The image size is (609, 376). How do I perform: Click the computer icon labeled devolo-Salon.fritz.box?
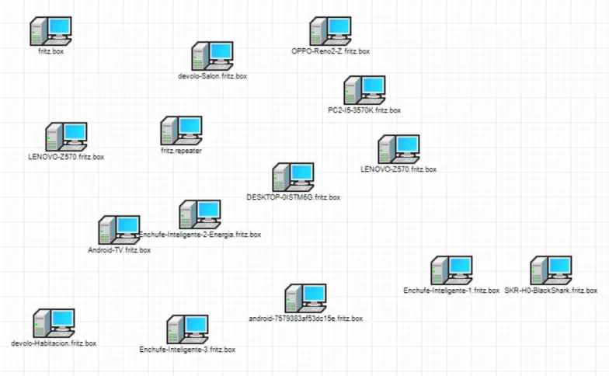click(212, 57)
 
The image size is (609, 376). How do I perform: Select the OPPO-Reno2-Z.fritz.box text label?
click(330, 51)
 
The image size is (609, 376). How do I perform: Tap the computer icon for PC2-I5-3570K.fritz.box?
click(364, 91)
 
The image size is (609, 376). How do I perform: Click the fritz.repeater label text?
click(181, 151)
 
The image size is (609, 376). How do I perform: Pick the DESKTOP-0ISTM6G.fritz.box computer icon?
click(293, 178)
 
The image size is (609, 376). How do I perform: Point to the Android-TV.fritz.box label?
click(119, 251)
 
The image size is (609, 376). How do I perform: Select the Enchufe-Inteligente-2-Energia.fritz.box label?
click(200, 234)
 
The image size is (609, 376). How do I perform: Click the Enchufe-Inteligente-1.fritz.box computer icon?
click(451, 271)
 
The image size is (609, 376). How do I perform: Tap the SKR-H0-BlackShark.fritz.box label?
click(551, 291)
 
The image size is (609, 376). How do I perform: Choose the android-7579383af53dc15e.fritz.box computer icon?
click(305, 299)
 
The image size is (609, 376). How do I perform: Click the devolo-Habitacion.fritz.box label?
click(54, 343)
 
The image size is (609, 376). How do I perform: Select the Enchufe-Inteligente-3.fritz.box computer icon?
click(187, 330)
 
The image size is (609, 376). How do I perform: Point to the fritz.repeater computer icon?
click(181, 131)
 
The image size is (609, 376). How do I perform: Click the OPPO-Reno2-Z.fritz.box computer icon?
click(330, 32)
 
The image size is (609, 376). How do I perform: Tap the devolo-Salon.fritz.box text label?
click(212, 76)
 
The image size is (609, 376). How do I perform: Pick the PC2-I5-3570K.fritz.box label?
click(364, 110)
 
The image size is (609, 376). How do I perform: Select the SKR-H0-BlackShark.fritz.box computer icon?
click(551, 271)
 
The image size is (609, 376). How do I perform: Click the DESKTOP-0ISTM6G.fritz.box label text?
click(293, 197)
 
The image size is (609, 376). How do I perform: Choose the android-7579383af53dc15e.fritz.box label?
click(305, 319)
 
